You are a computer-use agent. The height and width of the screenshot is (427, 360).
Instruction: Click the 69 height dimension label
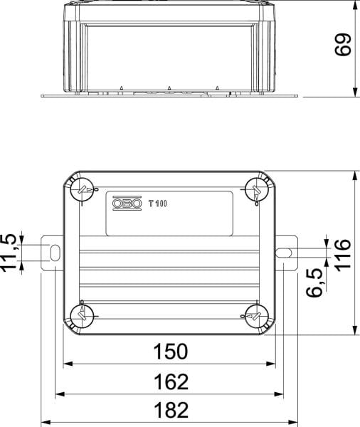[343, 45]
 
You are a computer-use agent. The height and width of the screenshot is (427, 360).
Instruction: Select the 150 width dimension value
[171, 352]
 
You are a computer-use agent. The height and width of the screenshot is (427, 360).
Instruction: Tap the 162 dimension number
[171, 381]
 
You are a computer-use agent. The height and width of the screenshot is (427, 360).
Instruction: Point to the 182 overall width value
[171, 410]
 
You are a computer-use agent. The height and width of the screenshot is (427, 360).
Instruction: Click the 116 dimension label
[343, 255]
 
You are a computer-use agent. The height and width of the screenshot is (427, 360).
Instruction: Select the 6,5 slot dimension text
[314, 283]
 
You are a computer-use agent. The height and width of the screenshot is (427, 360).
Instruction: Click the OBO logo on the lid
[127, 203]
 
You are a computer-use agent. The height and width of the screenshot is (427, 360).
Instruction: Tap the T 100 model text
[158, 204]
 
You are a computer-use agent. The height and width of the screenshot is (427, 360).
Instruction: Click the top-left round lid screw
[82, 189]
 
